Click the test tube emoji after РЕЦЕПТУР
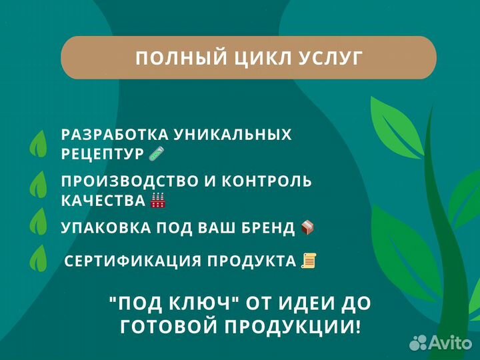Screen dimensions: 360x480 coord(157,153)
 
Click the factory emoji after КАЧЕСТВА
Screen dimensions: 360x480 coord(158,200)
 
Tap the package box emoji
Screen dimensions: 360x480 coord(307,227)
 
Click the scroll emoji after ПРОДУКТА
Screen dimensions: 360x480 coord(308,261)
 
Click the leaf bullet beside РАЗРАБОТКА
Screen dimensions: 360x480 coord(39,143)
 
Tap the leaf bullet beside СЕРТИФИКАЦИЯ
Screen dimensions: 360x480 coord(39,259)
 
